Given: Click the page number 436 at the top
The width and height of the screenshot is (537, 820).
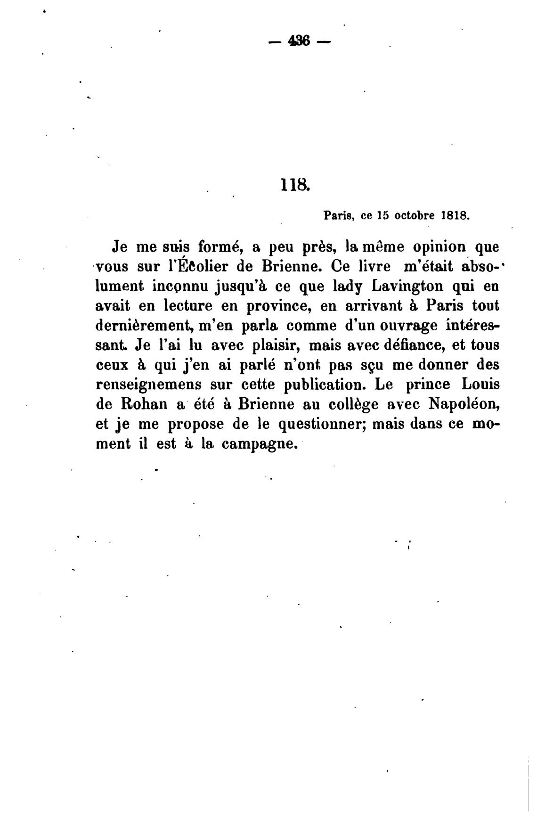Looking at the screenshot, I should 300,41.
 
